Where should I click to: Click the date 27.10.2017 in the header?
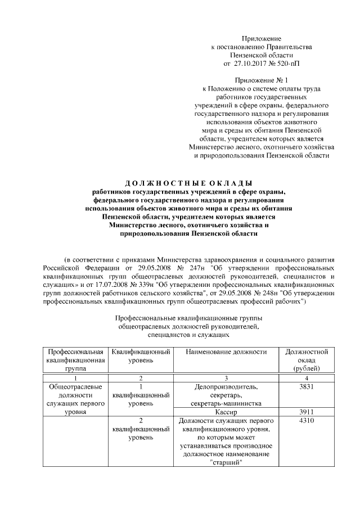pyautogui.click(x=253, y=65)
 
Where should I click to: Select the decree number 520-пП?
pyautogui.click(x=287, y=65)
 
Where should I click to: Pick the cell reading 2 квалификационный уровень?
pyautogui.click(x=141, y=429)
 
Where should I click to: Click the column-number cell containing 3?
pyautogui.click(x=227, y=379)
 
